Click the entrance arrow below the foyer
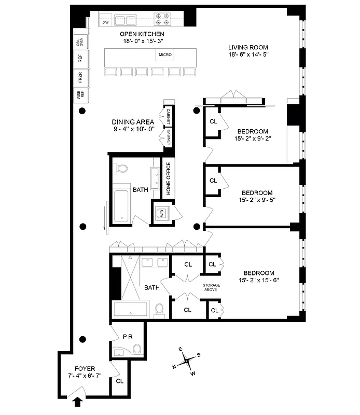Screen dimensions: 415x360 point(78,400)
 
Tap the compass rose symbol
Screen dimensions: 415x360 point(187,359)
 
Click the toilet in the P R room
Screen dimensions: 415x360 point(136,349)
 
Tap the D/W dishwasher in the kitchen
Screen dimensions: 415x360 point(105,22)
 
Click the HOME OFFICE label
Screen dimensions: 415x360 point(168,179)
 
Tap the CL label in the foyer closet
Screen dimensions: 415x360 point(120,381)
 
